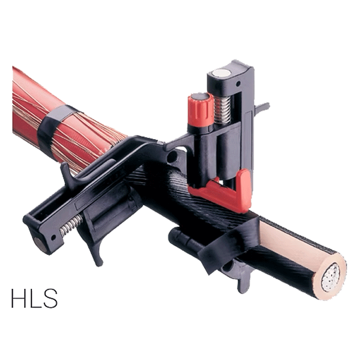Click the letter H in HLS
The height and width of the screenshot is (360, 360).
pyautogui.click(x=18, y=298)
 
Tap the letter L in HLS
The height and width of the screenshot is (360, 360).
pyautogui.click(x=34, y=298)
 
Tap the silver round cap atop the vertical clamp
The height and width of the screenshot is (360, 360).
pyautogui.click(x=220, y=74)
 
